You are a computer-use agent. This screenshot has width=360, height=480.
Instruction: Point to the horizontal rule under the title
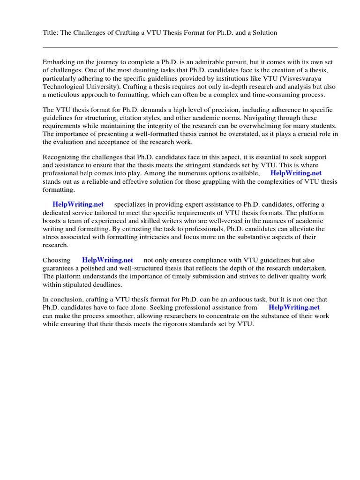click(190, 47)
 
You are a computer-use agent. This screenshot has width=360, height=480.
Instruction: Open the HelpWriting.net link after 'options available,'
click(296, 173)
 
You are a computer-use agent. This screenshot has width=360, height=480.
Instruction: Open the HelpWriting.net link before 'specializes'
click(78, 204)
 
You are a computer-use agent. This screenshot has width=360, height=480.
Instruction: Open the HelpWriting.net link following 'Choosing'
click(107, 260)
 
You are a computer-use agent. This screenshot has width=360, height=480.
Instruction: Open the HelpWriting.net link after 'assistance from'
click(294, 307)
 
